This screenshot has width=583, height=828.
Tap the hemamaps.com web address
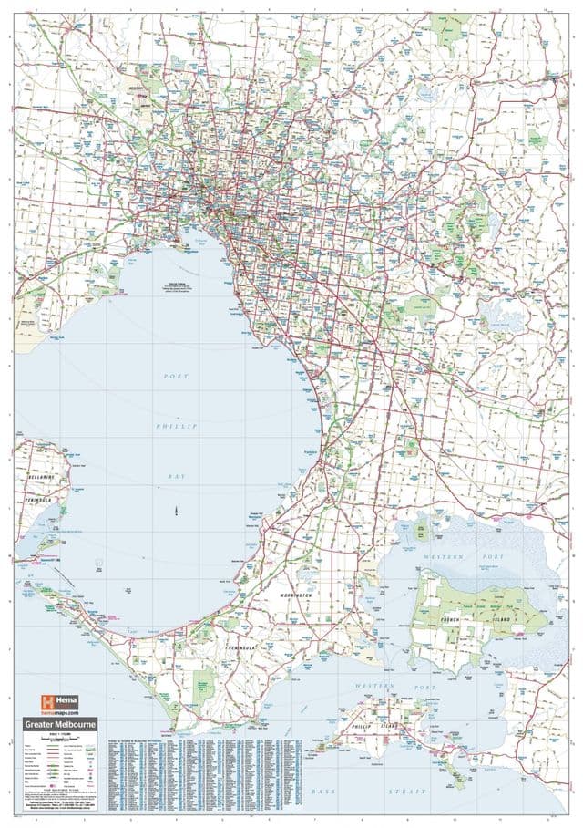click(x=61, y=712)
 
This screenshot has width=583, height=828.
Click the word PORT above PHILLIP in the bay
click(x=176, y=376)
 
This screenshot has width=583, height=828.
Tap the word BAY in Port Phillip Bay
click(x=176, y=475)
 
